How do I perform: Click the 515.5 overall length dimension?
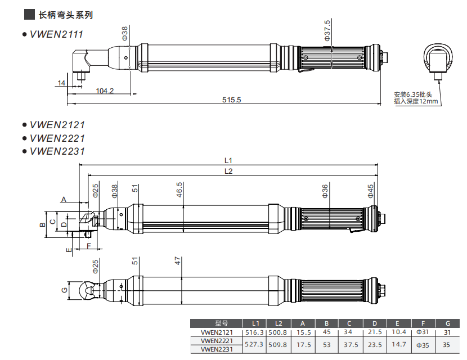231,100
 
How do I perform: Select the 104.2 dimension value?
105,91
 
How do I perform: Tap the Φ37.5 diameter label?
327,30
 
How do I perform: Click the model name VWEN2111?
56,34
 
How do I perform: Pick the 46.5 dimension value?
179,189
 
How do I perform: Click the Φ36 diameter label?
325,191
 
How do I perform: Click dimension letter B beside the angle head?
42,224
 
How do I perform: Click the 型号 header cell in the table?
216,324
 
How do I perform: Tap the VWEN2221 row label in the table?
217,341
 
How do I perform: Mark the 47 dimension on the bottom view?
178,261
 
